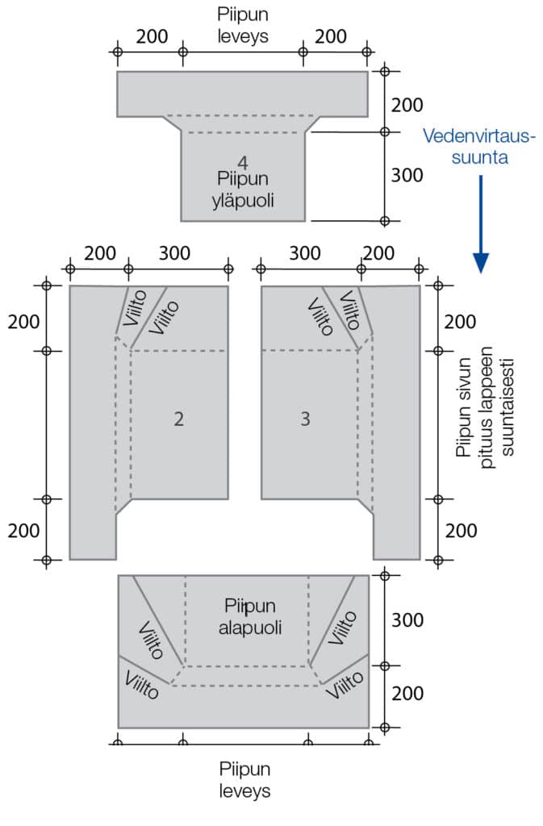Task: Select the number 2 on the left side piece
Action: pyautogui.click(x=179, y=419)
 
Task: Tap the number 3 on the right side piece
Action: pyautogui.click(x=305, y=419)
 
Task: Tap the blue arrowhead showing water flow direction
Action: pyautogui.click(x=481, y=262)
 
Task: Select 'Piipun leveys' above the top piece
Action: pyautogui.click(x=243, y=25)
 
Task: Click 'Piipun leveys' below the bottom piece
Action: pyautogui.click(x=243, y=778)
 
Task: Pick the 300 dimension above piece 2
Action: pyautogui.click(x=174, y=253)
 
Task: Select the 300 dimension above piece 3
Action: pyautogui.click(x=305, y=253)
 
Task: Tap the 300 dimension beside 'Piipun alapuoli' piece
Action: pyautogui.click(x=407, y=619)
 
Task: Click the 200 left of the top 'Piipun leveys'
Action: pyautogui.click(x=151, y=36)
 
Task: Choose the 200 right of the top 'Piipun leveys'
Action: pyautogui.click(x=331, y=36)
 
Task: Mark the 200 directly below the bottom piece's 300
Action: pyautogui.click(x=407, y=692)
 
